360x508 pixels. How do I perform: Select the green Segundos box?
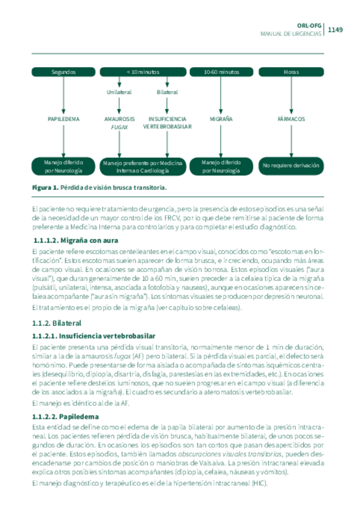point(63,72)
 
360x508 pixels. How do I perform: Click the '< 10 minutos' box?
point(143,72)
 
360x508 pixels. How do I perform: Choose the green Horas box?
point(291,72)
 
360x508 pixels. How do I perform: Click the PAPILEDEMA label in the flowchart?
point(63,119)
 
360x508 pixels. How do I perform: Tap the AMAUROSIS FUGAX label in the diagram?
point(120,123)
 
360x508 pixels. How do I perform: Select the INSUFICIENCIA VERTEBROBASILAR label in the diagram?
point(167,123)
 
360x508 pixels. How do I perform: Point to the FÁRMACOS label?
point(291,119)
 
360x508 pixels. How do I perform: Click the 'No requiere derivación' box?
point(291,165)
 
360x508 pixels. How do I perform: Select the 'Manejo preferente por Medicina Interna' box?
point(143,167)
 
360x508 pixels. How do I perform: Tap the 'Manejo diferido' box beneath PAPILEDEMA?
point(63,167)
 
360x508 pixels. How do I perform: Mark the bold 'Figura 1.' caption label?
point(45,188)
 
